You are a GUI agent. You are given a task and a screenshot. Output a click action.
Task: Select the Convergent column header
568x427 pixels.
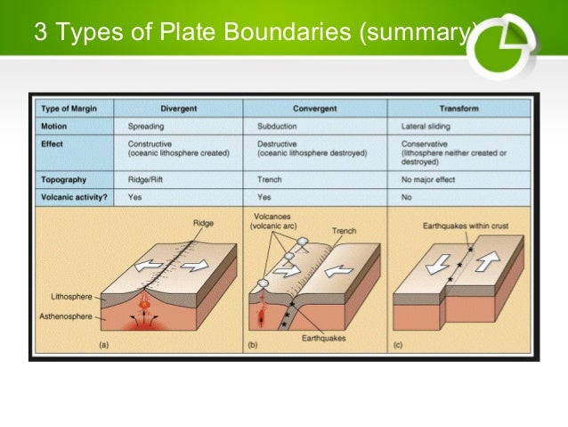[x=314, y=108]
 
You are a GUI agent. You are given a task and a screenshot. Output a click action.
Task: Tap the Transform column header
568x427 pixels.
[x=458, y=108]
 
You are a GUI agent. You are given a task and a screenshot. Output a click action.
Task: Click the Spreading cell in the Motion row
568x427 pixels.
[x=147, y=126]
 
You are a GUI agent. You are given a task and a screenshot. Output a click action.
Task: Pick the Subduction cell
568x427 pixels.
[x=279, y=126]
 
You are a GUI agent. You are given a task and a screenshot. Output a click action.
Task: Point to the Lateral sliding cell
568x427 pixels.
[x=426, y=126]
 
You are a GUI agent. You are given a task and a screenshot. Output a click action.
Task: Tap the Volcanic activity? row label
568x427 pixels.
[x=74, y=196]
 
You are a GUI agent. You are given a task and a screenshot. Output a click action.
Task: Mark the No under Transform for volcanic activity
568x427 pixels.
[x=406, y=196]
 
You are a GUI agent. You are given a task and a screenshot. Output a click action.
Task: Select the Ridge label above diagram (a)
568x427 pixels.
[x=204, y=223]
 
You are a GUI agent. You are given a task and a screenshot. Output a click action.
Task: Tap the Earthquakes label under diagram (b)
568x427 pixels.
[x=323, y=338]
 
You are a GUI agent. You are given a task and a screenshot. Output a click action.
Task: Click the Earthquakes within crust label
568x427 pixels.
[x=464, y=226]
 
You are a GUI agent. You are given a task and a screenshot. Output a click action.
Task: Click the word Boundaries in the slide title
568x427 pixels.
[x=288, y=34]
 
